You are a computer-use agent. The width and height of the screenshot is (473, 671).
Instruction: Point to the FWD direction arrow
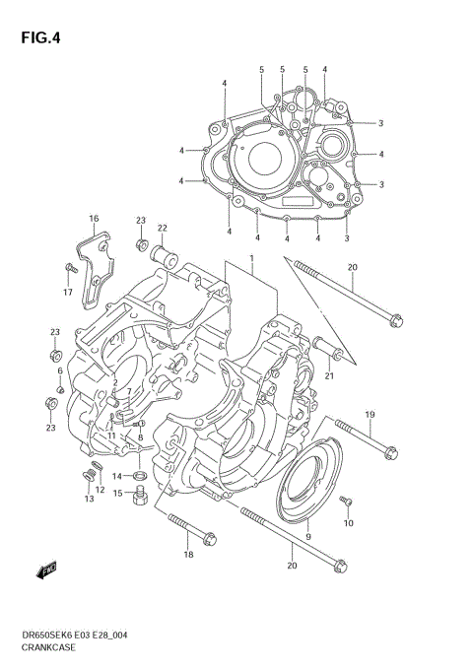(x=47, y=570)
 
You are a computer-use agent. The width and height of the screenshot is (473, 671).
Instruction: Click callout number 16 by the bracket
(x=94, y=218)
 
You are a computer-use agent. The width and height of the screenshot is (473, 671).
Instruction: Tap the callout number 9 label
(x=307, y=535)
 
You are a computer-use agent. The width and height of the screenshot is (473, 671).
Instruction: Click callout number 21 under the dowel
(x=330, y=374)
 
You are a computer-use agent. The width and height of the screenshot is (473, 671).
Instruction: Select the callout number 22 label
(x=162, y=229)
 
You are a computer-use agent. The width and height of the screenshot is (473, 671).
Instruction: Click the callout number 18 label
(x=188, y=556)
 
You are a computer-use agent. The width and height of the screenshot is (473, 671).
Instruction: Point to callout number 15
(x=117, y=493)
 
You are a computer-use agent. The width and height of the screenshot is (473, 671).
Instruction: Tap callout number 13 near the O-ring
(x=89, y=500)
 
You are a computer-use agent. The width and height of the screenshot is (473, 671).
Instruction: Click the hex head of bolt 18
(x=208, y=537)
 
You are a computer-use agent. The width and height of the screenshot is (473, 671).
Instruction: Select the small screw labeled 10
(x=346, y=503)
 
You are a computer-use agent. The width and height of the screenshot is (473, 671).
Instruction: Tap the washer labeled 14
(x=142, y=477)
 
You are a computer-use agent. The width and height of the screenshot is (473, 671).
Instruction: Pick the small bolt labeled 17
(x=70, y=268)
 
